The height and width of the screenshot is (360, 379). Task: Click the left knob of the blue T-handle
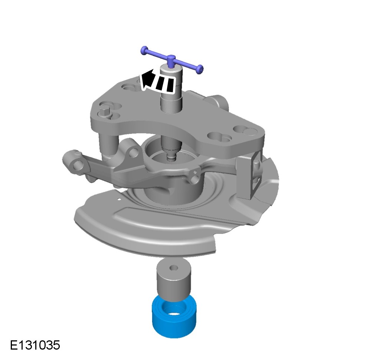[x=144, y=50]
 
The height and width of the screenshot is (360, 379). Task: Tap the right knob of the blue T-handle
[x=200, y=69]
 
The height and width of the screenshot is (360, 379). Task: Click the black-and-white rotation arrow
[x=157, y=81]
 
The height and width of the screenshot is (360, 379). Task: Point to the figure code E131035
[x=35, y=345]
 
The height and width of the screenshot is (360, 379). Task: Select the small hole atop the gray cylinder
[x=174, y=268]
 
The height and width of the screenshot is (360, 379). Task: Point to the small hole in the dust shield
[x=118, y=200]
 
